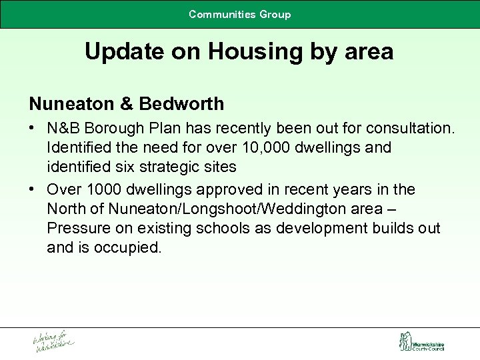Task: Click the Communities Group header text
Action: [239, 14]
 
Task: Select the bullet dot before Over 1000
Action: [33, 190]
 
